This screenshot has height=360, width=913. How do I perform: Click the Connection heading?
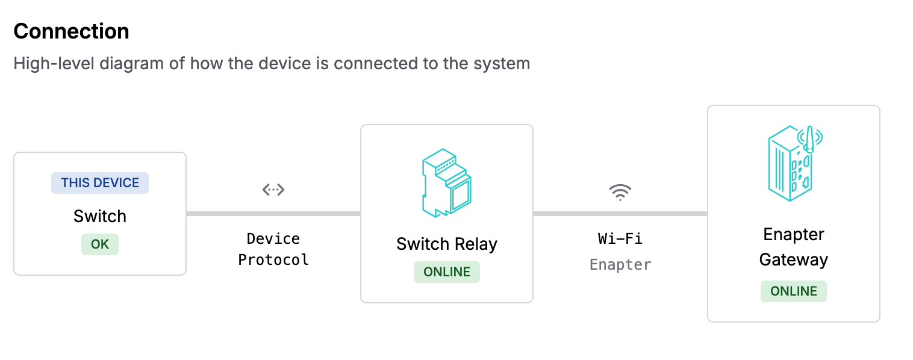71,31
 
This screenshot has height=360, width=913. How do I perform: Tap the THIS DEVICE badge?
100,183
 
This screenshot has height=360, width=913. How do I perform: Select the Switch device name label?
100,216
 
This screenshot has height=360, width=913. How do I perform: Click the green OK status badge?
100,245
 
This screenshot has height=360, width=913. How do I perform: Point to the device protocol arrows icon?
273,190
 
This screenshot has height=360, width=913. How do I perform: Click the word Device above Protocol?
273,239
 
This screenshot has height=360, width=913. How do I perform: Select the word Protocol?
273,260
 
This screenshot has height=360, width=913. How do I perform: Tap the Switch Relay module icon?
446,182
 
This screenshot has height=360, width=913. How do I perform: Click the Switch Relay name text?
446,244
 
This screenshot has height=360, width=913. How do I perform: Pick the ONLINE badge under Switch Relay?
446,272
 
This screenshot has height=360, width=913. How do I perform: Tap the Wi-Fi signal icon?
620,192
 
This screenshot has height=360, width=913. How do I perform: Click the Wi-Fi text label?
620,239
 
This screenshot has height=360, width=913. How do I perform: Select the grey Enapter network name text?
620,265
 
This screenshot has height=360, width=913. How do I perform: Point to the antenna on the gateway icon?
810,138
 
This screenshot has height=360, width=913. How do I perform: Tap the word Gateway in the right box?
793,260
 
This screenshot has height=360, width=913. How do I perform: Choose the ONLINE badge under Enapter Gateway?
793,291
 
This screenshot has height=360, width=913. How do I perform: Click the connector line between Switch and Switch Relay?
273,214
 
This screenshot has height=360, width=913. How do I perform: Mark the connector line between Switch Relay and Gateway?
620,214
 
